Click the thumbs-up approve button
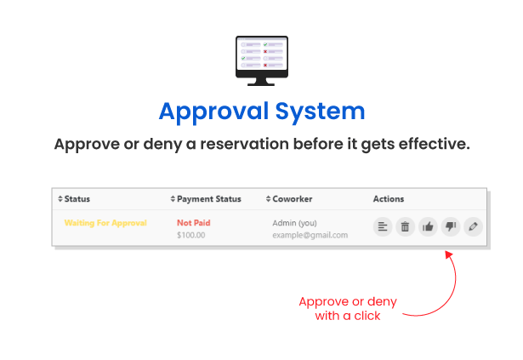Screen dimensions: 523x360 tap(428, 226)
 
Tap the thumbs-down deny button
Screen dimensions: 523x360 tap(451, 226)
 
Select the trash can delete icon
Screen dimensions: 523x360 tap(406, 226)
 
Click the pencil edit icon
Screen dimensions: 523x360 tap(474, 226)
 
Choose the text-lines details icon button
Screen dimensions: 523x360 tap(383, 226)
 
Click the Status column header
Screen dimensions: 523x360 tap(77, 199)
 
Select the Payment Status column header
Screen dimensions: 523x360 tap(209, 199)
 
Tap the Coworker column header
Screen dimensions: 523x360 tap(293, 199)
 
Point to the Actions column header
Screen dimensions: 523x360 tap(389, 199)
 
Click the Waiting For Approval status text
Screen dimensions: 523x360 tap(105, 223)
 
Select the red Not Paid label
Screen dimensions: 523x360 tap(193, 223)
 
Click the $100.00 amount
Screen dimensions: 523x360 tap(191, 235)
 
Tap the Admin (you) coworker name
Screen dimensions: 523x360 tap(294, 223)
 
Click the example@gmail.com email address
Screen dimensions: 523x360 tap(310, 235)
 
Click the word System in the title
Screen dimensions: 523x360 tap(321, 111)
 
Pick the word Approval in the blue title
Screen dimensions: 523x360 tap(213, 111)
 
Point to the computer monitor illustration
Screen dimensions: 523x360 tap(262, 60)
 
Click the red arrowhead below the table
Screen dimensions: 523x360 tap(449, 254)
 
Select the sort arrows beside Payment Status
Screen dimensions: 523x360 tap(173, 199)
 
